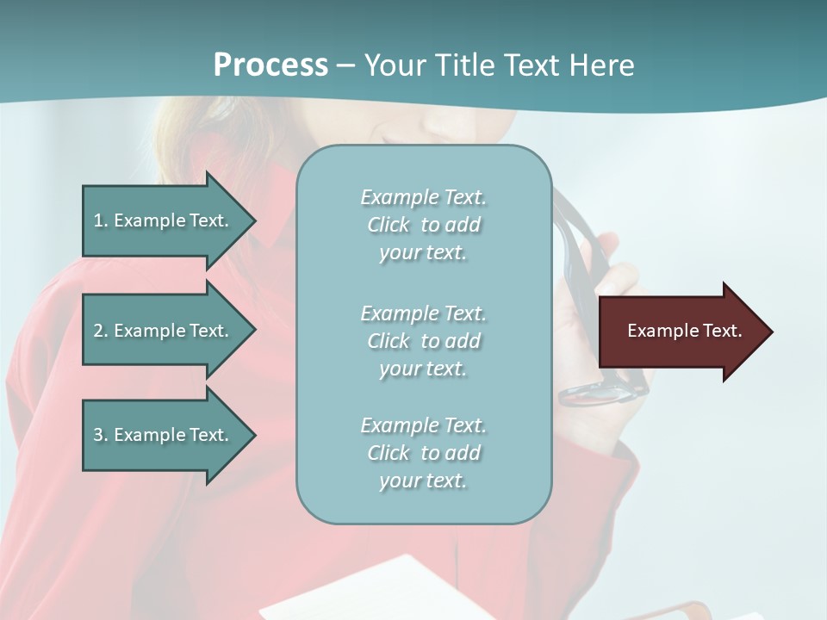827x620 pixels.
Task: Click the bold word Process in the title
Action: [270, 65]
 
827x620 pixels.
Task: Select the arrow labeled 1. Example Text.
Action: [164, 220]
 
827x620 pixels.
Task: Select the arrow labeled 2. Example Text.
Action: [164, 331]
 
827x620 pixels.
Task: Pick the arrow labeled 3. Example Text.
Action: [164, 435]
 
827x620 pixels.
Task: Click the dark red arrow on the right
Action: [681, 332]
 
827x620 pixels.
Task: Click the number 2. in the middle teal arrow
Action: [100, 331]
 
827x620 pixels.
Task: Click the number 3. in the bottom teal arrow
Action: [100, 435]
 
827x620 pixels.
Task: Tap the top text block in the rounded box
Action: [423, 225]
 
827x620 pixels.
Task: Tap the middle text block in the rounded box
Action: [423, 341]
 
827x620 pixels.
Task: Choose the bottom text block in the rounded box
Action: [423, 453]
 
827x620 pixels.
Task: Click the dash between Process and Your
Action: [345, 65]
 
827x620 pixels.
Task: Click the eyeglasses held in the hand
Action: [594, 392]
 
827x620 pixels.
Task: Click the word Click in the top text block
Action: [389, 225]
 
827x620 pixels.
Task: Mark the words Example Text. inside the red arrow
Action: [685, 331]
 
